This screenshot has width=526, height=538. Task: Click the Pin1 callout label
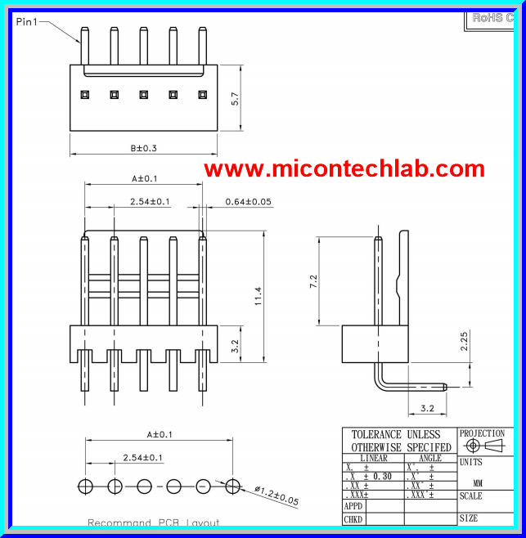pyautogui.click(x=27, y=22)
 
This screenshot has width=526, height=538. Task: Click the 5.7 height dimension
pyautogui.click(x=235, y=100)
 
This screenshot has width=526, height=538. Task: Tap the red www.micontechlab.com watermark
pyautogui.click(x=344, y=168)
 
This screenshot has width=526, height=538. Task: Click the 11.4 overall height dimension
pyautogui.click(x=259, y=296)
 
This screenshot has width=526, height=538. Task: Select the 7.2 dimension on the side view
pyautogui.click(x=312, y=282)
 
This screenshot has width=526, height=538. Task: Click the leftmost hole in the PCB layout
pyautogui.click(x=85, y=486)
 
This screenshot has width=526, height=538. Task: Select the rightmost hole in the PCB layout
pyautogui.click(x=233, y=486)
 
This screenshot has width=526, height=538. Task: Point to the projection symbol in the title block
pyautogui.click(x=482, y=446)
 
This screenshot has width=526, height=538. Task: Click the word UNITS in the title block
pyautogui.click(x=471, y=463)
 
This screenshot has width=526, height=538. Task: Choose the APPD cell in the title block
pyautogui.click(x=353, y=506)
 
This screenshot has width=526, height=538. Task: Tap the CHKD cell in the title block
pyautogui.click(x=353, y=519)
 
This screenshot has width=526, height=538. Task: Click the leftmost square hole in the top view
pyautogui.click(x=84, y=94)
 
